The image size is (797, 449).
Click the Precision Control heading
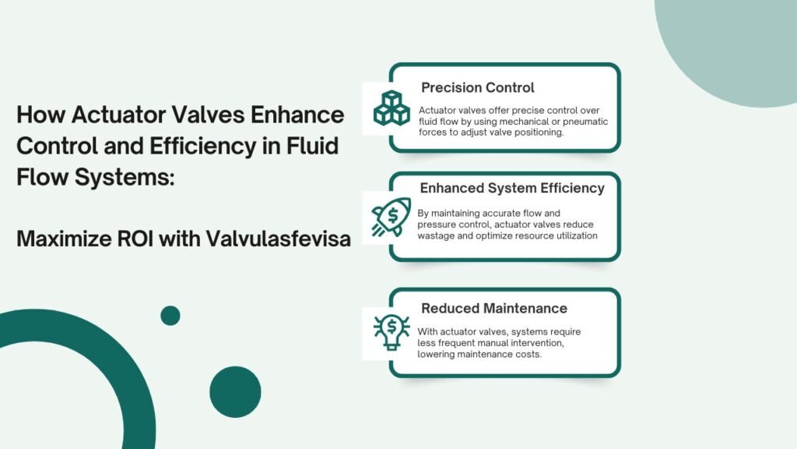477,87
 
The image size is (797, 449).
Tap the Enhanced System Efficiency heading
512,189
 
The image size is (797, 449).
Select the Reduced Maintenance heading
494,309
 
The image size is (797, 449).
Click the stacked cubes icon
391,108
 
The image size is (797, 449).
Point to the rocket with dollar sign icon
391,217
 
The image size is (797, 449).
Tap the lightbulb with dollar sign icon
391,332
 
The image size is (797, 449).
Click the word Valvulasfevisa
278,239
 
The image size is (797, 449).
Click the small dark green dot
170,316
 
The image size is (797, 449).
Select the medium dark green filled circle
235,392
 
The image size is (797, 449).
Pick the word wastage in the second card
437,236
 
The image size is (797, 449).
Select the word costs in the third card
528,355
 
